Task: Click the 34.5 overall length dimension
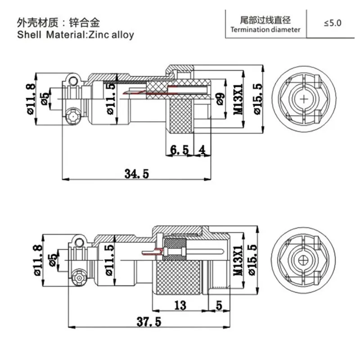point(134,174)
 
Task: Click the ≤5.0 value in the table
point(333,22)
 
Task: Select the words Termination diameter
point(264,30)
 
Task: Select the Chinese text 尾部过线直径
point(264,20)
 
